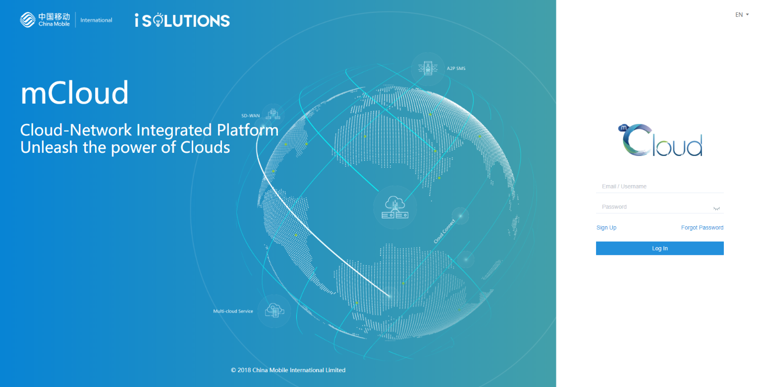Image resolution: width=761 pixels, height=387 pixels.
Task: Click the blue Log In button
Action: click(659, 248)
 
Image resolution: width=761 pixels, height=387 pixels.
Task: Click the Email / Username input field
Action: click(659, 187)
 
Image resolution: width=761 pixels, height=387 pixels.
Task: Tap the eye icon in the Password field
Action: click(716, 208)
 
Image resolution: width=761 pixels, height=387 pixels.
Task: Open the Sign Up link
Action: click(606, 228)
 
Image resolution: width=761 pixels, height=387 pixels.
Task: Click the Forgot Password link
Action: click(702, 228)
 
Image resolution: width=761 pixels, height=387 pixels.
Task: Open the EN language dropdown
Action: click(742, 14)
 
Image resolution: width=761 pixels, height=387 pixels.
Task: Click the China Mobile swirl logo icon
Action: click(28, 20)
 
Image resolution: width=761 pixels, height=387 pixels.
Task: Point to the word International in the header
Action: click(96, 20)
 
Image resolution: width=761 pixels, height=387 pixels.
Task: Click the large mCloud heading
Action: click(74, 92)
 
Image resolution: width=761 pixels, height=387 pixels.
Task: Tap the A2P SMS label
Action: click(456, 68)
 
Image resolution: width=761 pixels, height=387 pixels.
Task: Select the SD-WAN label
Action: click(250, 116)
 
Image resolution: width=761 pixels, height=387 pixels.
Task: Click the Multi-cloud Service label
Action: click(233, 311)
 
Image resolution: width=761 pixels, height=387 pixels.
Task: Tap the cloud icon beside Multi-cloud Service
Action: click(274, 311)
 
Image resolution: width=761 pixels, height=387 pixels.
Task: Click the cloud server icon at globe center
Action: click(395, 207)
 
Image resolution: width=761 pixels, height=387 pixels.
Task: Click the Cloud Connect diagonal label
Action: click(444, 231)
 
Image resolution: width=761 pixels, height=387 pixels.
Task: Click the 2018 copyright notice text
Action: click(288, 370)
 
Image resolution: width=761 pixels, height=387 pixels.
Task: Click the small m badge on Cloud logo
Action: click(623, 128)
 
